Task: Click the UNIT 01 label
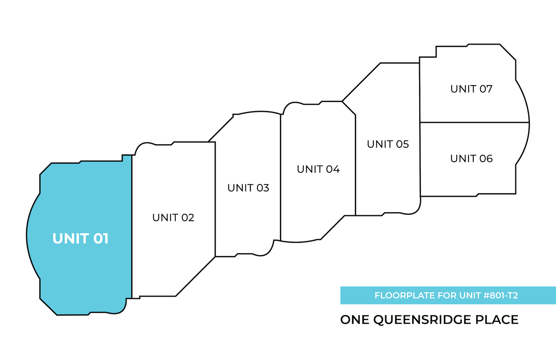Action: tap(80, 239)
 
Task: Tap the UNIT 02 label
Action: tap(173, 218)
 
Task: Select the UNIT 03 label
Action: tap(248, 188)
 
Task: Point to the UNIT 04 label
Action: tap(318, 169)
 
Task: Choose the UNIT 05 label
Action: tap(388, 144)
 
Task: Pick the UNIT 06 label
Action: tap(471, 159)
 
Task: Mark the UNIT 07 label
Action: tap(471, 89)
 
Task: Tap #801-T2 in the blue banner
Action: tap(501, 295)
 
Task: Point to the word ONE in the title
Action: tap(355, 320)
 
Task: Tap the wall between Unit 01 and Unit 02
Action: tap(132, 223)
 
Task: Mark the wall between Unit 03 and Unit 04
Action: tap(281, 178)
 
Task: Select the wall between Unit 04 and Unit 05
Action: tap(356, 167)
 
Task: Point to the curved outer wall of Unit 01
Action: tap(27, 235)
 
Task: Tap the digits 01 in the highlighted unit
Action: tap(101, 239)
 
